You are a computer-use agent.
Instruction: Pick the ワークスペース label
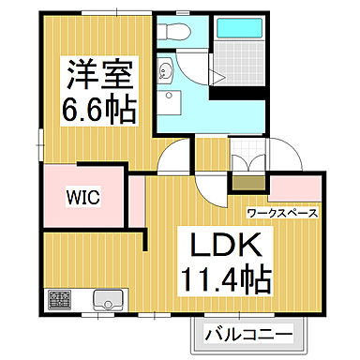click(282, 213)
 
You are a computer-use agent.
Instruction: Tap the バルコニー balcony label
click(247, 333)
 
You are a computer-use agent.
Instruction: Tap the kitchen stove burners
click(60, 302)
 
